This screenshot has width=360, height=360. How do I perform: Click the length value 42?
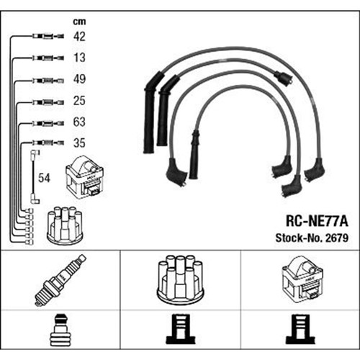(79, 37)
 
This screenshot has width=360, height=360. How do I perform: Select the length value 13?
(79, 58)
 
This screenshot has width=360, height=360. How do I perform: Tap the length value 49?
(79, 79)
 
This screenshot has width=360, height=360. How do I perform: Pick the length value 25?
(79, 101)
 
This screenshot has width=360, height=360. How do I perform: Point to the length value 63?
(79, 122)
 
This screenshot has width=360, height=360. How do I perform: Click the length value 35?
(79, 143)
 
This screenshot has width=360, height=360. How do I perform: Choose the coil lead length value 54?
(44, 178)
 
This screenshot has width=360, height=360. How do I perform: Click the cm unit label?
(79, 22)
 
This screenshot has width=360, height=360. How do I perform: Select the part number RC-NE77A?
(317, 221)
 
